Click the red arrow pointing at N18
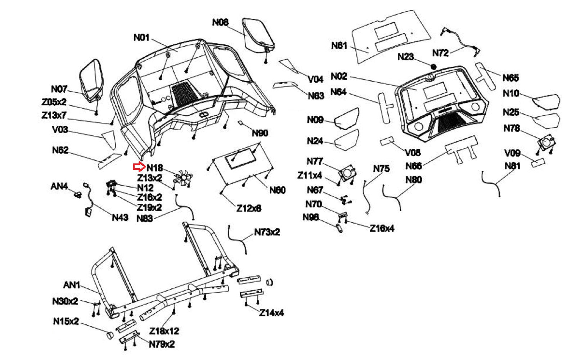(x=139, y=167)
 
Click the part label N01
(x=141, y=37)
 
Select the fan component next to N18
(x=184, y=178)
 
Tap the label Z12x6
(x=249, y=208)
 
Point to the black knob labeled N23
(x=433, y=67)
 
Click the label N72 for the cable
(x=440, y=53)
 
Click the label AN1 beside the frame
(x=72, y=285)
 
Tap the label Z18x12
(x=164, y=330)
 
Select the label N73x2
(x=267, y=232)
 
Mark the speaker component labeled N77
(x=348, y=173)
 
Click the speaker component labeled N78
(x=546, y=143)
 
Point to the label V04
(x=315, y=79)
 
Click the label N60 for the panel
(x=278, y=190)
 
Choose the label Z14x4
(x=271, y=312)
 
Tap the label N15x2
(x=66, y=321)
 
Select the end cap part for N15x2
(x=109, y=335)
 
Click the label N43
(x=120, y=217)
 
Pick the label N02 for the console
(x=339, y=76)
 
